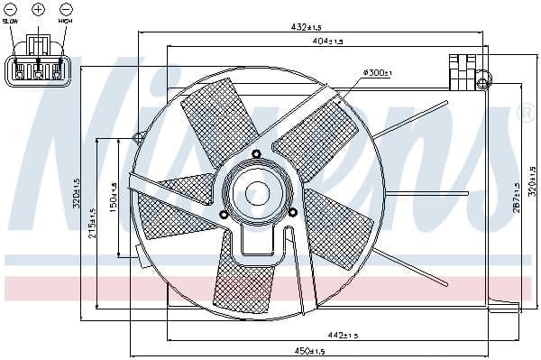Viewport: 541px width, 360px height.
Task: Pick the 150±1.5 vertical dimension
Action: click(x=114, y=198)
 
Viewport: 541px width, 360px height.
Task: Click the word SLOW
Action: click(x=11, y=20)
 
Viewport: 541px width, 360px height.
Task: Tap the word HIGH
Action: click(x=66, y=20)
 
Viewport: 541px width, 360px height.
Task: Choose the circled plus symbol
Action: click(x=38, y=8)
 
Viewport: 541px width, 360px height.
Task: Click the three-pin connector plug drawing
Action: click(x=38, y=69)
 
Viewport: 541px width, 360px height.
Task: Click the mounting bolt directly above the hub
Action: click(x=258, y=153)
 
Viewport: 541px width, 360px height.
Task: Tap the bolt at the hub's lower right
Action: click(x=293, y=212)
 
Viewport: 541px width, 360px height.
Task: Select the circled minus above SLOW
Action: click(x=11, y=8)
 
